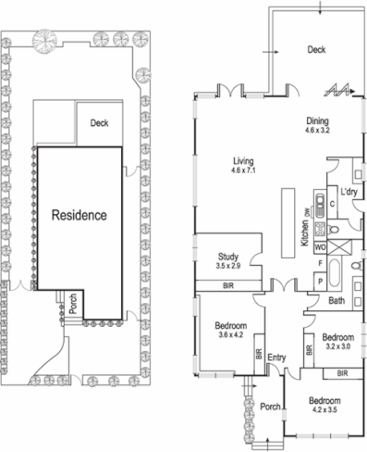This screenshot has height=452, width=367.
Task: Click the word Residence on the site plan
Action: (79, 215)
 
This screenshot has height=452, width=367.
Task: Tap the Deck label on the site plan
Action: (101, 122)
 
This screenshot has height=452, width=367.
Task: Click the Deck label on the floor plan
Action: (317, 50)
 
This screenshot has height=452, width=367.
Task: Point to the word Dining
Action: (318, 120)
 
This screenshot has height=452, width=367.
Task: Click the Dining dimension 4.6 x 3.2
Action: (318, 132)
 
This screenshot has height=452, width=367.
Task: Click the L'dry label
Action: (349, 192)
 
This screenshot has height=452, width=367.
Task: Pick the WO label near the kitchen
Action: (320, 247)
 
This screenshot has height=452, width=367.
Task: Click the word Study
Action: (229, 257)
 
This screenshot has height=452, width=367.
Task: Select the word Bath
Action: (336, 301)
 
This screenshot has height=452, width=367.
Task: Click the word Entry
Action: (277, 357)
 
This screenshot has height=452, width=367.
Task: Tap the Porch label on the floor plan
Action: (270, 406)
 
